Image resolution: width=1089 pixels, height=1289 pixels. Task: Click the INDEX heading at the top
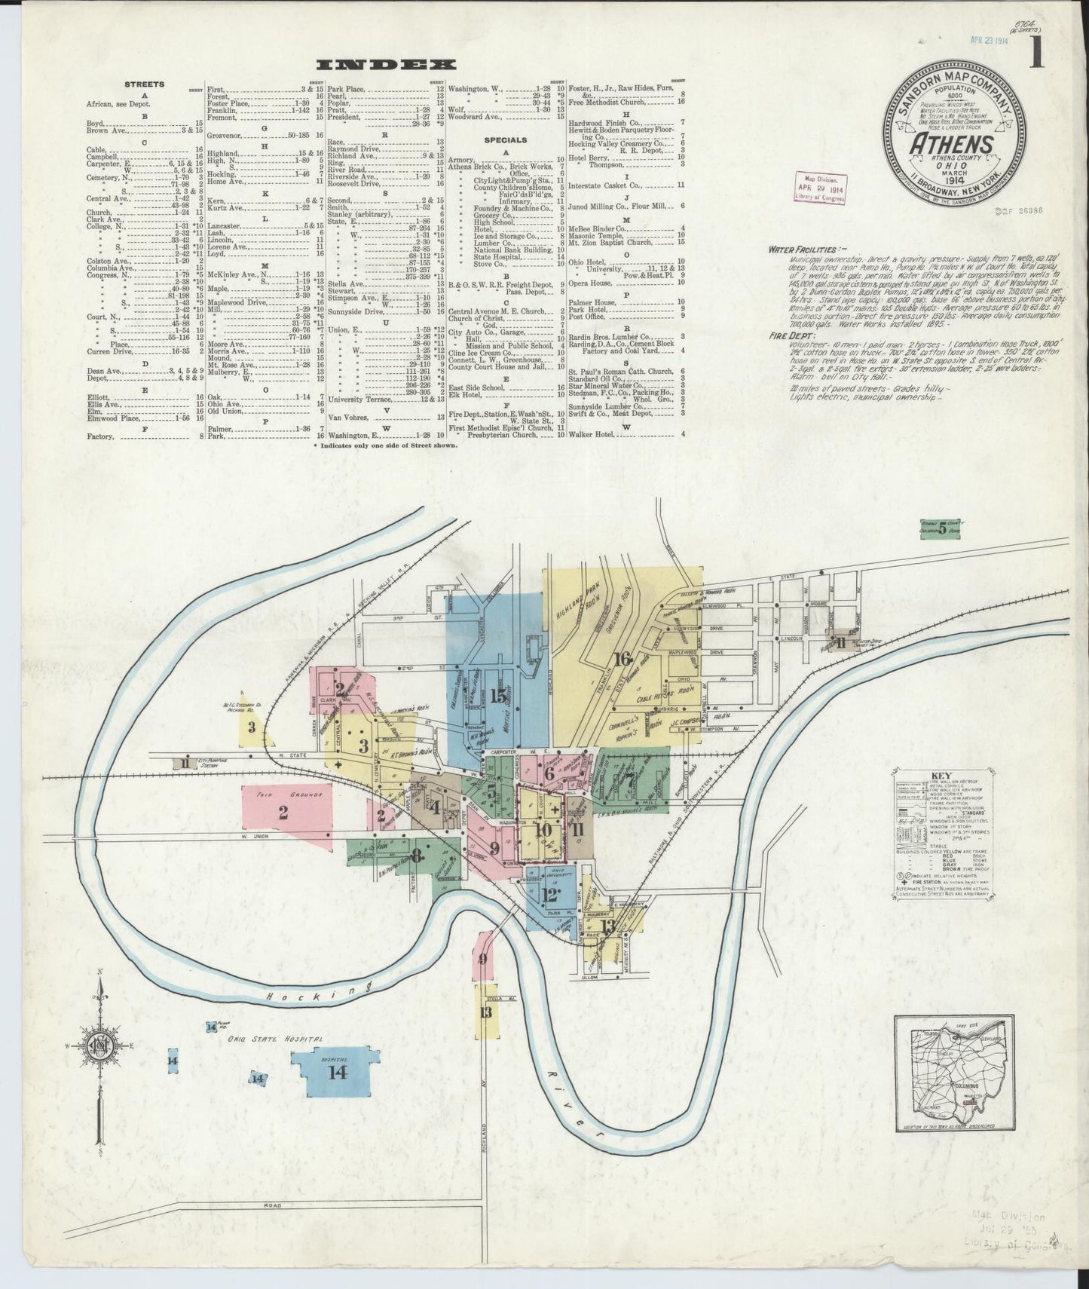(x=386, y=64)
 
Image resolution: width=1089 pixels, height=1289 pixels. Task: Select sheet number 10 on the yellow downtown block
(x=543, y=829)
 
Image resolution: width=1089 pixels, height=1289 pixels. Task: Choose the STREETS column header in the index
(x=144, y=84)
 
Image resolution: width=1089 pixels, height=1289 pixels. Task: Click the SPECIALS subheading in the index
(x=506, y=140)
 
